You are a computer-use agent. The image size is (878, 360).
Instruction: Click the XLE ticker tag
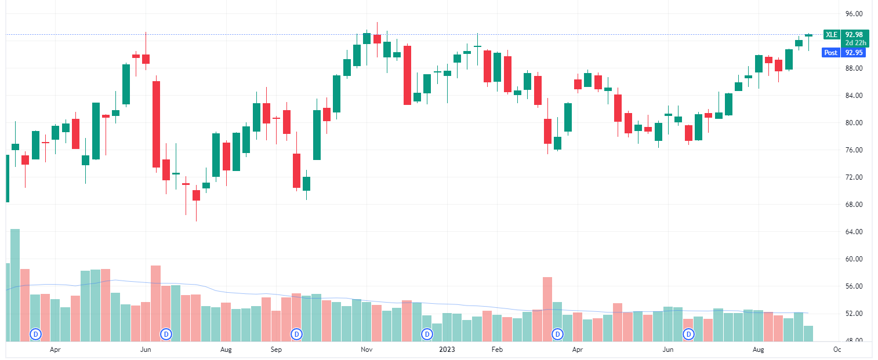pos(832,34)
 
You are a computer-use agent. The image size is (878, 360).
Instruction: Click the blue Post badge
pos(831,53)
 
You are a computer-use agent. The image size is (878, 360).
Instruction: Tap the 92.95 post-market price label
pos(854,53)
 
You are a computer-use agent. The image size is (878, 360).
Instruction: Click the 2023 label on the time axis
pos(447,350)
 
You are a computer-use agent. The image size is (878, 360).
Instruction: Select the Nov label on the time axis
pos(366,350)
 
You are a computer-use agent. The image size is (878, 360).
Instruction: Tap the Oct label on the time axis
pos(837,350)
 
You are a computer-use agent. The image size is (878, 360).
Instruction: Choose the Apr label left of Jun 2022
pos(55,350)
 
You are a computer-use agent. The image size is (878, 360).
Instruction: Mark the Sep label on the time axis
pos(276,350)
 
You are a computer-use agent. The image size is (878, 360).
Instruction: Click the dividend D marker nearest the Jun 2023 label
pos(689,334)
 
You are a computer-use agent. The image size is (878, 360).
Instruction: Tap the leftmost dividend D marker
pos(36,334)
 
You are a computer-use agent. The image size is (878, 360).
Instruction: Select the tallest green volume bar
pos(15,285)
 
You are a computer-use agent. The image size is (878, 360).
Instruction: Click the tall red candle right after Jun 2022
pos(156,124)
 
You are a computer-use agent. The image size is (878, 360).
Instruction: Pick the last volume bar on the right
pos(808,333)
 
